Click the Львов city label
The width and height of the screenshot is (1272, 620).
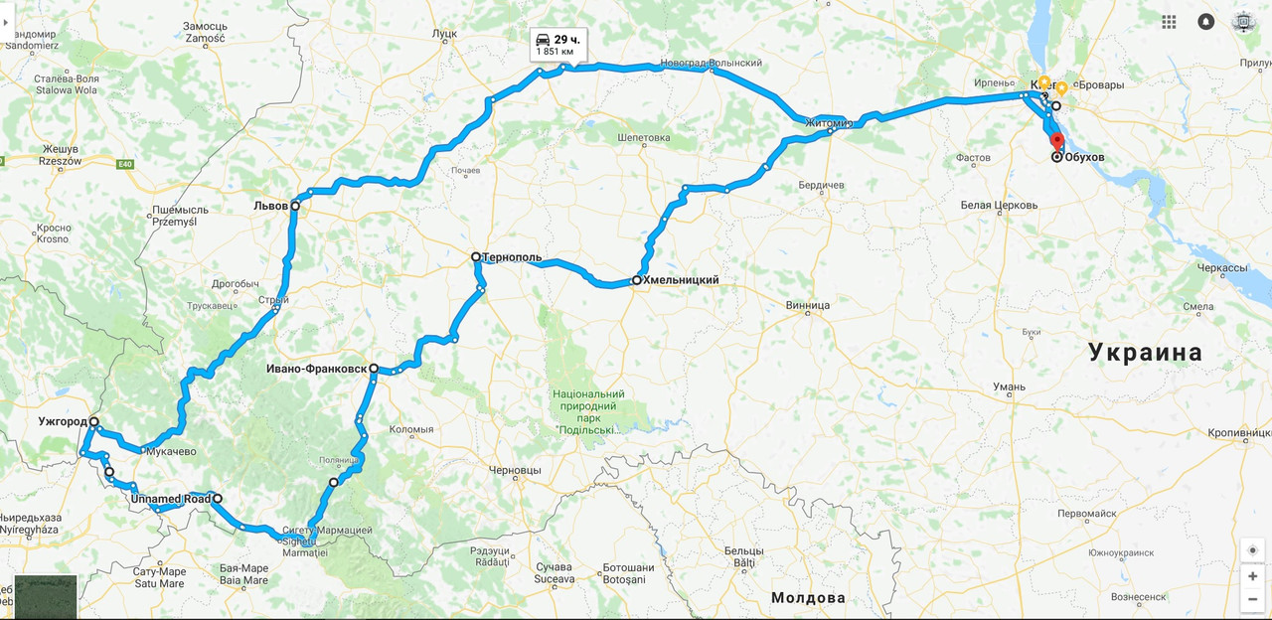click(269, 206)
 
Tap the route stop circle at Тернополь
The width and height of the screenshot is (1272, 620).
click(476, 256)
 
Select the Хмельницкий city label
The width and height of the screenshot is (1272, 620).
click(681, 280)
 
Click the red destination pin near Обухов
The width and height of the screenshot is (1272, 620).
click(1057, 142)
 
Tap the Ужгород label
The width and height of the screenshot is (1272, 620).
click(63, 421)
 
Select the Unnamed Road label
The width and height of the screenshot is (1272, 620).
click(171, 499)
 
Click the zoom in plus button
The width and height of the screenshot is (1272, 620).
click(1252, 576)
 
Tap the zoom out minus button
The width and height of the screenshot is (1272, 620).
click(1252, 599)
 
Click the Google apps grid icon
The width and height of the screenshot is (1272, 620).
click(1169, 21)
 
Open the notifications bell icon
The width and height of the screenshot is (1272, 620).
click(1206, 21)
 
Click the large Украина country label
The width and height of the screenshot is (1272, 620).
click(1145, 352)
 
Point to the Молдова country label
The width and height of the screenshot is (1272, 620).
click(808, 597)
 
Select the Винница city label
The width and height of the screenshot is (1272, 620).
click(807, 305)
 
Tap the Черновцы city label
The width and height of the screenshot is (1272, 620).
click(515, 470)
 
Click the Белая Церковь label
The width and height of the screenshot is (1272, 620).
click(999, 206)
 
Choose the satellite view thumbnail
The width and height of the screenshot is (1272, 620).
click(46, 596)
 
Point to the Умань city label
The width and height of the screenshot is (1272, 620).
click(1009, 387)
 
